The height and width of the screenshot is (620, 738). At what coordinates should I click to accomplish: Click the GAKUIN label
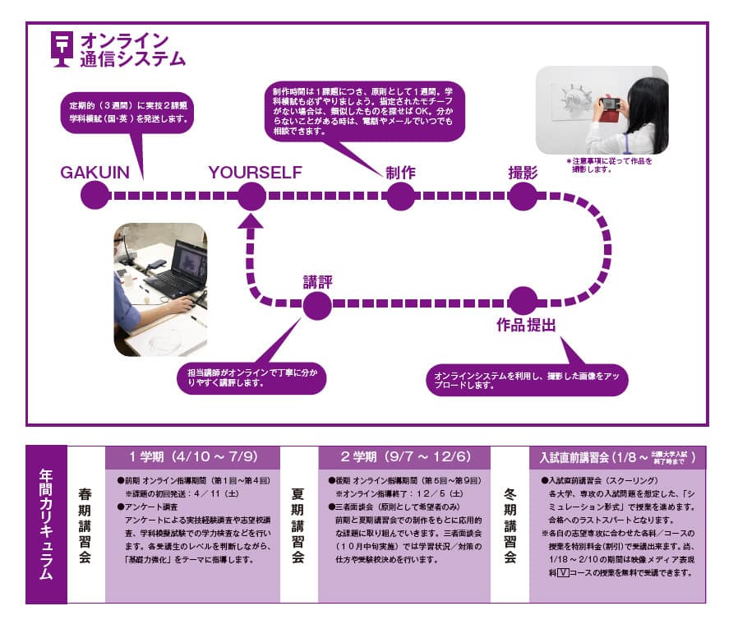tap(95, 173)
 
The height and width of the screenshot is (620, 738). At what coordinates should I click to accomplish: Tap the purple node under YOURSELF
tap(251, 197)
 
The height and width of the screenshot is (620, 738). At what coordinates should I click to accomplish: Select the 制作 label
tap(400, 173)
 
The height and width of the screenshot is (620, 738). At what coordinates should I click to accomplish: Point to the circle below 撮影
tap(523, 197)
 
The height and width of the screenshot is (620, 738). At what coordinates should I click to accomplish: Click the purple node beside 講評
tap(317, 307)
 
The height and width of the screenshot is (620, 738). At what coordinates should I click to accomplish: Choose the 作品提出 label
tap(526, 325)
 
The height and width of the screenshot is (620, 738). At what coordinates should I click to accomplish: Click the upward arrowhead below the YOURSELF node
tap(252, 220)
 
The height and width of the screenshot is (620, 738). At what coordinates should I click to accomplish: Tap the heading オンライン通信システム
tap(131, 49)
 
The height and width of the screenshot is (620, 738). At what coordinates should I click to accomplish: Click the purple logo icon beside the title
tap(61, 49)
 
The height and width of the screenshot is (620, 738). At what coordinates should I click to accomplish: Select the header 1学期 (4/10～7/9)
tap(193, 456)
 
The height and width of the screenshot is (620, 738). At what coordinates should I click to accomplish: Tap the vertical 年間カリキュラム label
tap(46, 525)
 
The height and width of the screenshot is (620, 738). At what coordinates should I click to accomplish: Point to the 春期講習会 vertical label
tap(85, 525)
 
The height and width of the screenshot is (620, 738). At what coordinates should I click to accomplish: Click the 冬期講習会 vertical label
tap(509, 525)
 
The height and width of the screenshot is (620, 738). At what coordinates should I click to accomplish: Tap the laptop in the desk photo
tap(176, 271)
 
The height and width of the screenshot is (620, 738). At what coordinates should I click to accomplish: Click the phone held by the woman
tap(611, 104)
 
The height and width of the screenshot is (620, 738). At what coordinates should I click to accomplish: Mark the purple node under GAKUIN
tap(95, 197)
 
